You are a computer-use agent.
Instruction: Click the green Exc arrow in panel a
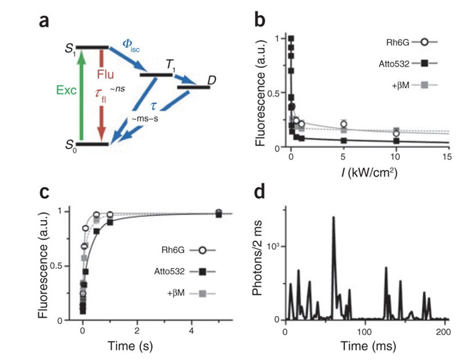click(x=81, y=96)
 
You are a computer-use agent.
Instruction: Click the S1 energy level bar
click(x=92, y=47)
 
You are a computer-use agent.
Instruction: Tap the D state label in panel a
click(x=211, y=80)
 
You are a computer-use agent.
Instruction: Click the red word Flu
click(x=105, y=74)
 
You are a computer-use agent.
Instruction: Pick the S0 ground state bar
click(x=92, y=144)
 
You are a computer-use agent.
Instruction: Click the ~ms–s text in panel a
click(x=145, y=118)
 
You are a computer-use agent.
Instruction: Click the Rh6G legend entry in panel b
click(x=412, y=42)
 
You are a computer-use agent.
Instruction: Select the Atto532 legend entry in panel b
click(x=408, y=64)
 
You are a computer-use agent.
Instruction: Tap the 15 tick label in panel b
click(x=447, y=157)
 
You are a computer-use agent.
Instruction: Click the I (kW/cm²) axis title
click(x=370, y=173)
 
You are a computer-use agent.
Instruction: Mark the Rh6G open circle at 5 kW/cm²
click(x=343, y=124)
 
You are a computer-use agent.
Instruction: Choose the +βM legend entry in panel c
click(x=191, y=293)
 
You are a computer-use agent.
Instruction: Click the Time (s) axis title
click(x=130, y=345)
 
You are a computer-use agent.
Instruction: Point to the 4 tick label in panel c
click(x=192, y=330)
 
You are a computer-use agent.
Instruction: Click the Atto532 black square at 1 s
click(x=110, y=222)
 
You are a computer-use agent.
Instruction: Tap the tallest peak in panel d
click(x=334, y=217)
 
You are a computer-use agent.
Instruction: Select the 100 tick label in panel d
click(x=364, y=332)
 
